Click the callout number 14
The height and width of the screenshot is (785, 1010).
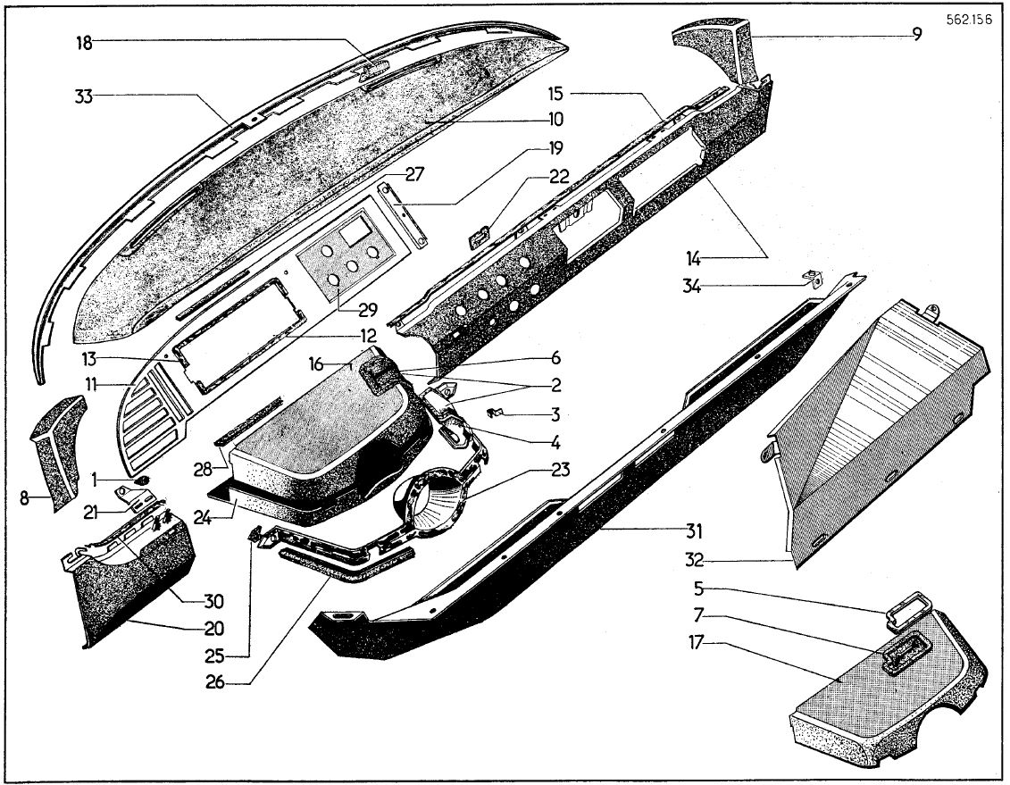pyautogui.click(x=693, y=259)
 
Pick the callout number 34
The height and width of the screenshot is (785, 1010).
pyautogui.click(x=693, y=287)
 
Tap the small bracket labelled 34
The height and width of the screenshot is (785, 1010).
pyautogui.click(x=812, y=277)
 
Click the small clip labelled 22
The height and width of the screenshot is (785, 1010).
pyautogui.click(x=480, y=237)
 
